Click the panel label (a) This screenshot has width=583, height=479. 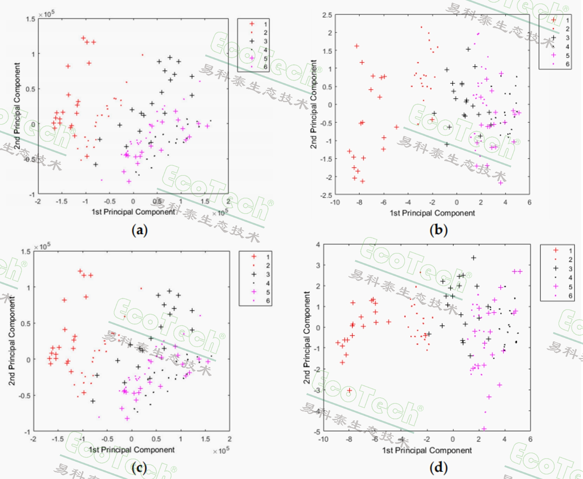(139, 230)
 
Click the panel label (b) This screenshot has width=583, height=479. (438, 230)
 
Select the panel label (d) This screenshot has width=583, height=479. (438, 468)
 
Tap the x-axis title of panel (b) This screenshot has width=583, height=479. (432, 213)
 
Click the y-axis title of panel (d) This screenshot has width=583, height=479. (306, 337)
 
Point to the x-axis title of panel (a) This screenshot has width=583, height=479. (133, 212)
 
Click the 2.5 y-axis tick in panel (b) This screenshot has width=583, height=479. (327, 15)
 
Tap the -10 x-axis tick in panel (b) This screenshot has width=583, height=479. (335, 202)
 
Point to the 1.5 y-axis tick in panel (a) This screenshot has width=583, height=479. (31, 19)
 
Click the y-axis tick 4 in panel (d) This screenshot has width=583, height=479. (318, 245)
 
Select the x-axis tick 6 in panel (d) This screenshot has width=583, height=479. (530, 439)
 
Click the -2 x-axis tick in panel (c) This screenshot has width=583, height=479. (33, 439)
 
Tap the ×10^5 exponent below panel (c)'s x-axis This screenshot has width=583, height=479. (221, 451)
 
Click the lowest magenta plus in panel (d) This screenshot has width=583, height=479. (484, 429)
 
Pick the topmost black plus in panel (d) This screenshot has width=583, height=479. (473, 258)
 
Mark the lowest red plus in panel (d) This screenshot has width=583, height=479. (349, 391)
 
